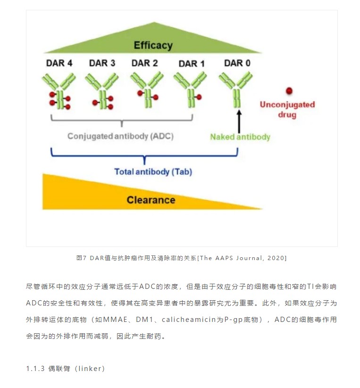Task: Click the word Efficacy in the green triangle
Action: tap(153, 45)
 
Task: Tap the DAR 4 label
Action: tap(59, 63)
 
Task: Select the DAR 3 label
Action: tap(102, 63)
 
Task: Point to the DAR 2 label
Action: tap(144, 63)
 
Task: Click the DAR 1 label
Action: tap(192, 64)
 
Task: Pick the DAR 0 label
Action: tap(237, 63)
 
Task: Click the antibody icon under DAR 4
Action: tap(59, 91)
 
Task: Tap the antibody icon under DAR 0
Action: tap(236, 90)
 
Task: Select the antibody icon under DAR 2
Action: tap(147, 90)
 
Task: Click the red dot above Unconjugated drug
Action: tap(289, 91)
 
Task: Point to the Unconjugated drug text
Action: tap(287, 110)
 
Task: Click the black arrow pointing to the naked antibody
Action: tap(239, 121)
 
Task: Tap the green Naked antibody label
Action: tap(240, 137)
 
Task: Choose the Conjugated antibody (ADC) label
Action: tap(120, 136)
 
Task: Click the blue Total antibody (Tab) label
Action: tap(153, 172)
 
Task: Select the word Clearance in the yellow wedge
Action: tap(151, 200)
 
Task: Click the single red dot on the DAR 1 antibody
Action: tap(199, 97)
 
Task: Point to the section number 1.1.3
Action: tap(35, 369)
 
